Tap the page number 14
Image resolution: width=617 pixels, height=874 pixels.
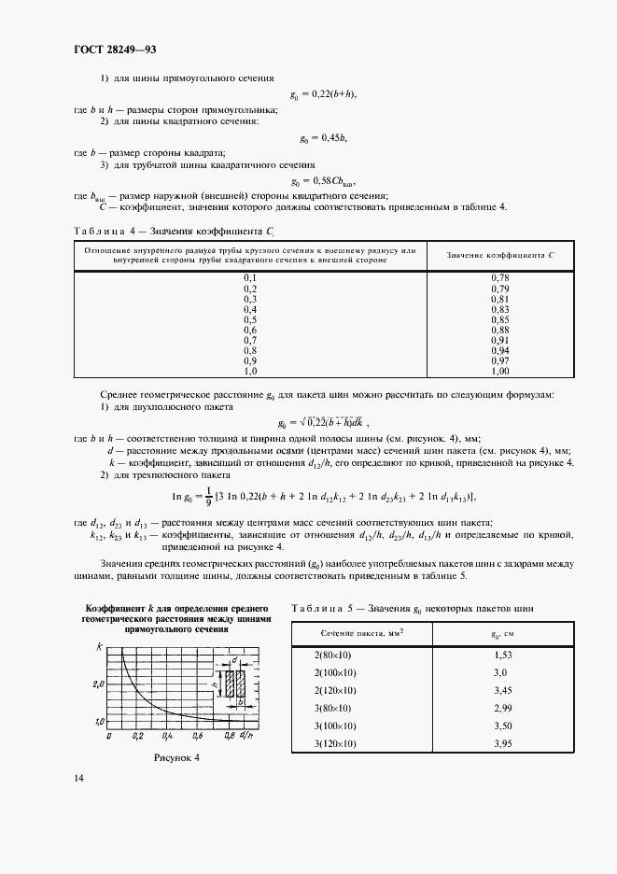click(x=78, y=777)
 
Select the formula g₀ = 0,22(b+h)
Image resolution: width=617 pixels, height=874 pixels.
click(x=323, y=94)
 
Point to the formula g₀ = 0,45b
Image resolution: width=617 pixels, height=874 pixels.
click(x=323, y=138)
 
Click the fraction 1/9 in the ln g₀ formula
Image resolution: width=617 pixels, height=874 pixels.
click(x=208, y=497)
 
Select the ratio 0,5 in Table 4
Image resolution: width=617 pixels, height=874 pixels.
click(x=249, y=317)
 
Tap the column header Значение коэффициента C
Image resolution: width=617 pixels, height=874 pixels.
click(x=499, y=256)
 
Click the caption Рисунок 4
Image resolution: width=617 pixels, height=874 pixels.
click(x=176, y=757)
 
